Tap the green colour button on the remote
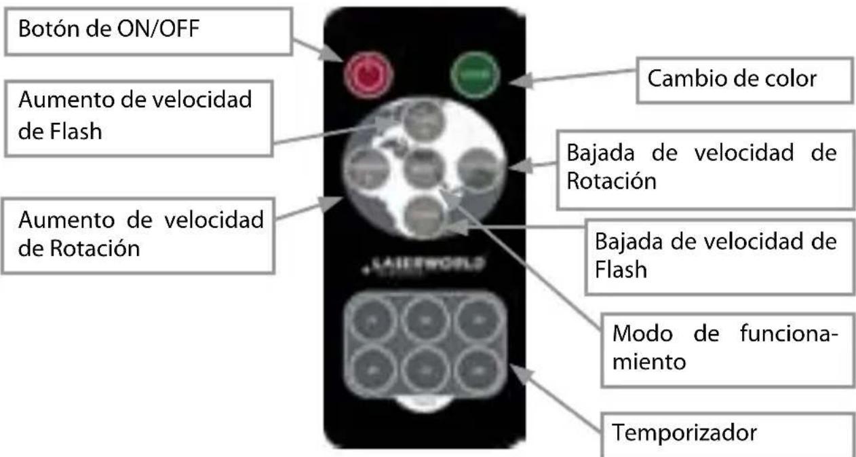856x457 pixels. (x=475, y=73)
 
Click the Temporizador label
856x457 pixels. (x=726, y=433)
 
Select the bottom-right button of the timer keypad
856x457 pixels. (x=479, y=371)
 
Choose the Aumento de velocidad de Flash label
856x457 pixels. (x=136, y=115)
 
